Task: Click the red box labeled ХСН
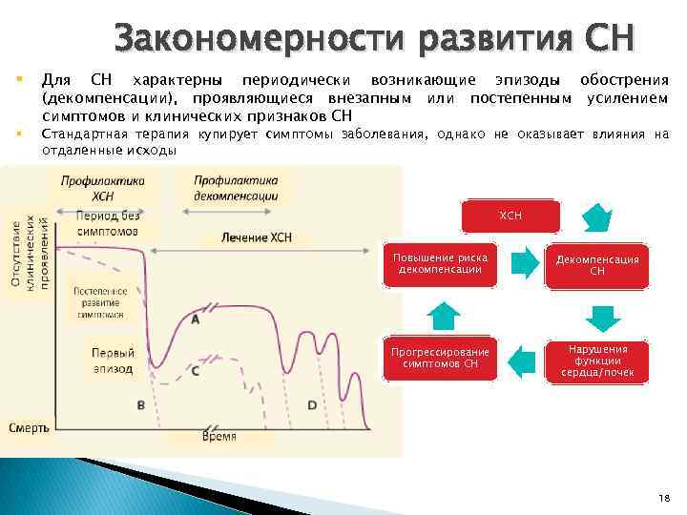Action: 510,216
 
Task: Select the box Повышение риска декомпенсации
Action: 440,264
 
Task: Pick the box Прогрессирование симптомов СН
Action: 440,359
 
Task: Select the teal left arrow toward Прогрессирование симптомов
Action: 521,360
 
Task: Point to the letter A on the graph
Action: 195,320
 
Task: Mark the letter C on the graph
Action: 195,370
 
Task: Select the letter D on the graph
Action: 312,405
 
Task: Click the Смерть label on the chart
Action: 29,428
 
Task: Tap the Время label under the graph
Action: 219,436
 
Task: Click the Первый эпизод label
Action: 113,360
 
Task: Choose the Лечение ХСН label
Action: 256,237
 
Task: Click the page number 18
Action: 663,498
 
